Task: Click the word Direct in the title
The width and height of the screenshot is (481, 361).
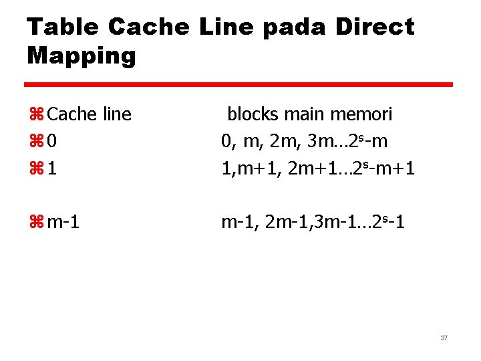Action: (374, 27)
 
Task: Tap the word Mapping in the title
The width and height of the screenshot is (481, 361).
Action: (82, 55)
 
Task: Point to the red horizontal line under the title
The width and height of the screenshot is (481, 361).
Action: (238, 85)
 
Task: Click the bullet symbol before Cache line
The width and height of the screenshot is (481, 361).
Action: (36, 114)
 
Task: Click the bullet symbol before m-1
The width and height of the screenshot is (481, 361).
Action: (36, 221)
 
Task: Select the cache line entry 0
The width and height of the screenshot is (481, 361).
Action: (52, 142)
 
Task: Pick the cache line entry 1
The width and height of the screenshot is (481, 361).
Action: (52, 169)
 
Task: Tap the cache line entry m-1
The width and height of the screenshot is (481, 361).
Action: (63, 221)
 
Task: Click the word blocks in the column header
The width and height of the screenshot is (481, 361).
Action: (253, 114)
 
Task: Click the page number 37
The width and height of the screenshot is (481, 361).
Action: (444, 338)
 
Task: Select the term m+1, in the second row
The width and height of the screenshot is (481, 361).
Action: (253, 169)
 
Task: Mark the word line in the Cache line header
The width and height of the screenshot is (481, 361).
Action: (116, 114)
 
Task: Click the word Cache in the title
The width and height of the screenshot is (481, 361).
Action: (148, 27)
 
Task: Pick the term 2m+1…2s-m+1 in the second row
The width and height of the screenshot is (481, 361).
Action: (350, 169)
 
